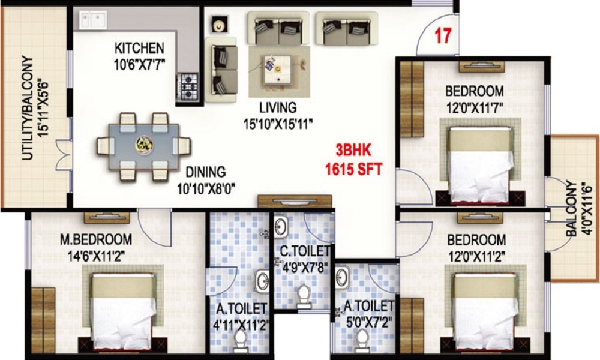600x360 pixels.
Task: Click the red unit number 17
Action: (x=443, y=35)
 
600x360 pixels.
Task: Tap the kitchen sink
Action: (x=93, y=20)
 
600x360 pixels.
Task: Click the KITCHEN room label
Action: (x=139, y=48)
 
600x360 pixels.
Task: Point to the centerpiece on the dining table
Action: (x=144, y=145)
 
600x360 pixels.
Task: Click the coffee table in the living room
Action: (x=277, y=69)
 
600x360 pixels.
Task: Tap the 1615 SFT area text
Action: (x=353, y=169)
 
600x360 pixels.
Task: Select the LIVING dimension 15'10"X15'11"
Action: (x=278, y=124)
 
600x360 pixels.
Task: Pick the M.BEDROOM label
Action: (x=96, y=239)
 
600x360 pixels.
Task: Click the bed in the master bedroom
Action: (x=123, y=310)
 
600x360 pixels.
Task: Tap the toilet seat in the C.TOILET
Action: (x=304, y=296)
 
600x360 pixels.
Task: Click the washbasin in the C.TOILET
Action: (x=281, y=227)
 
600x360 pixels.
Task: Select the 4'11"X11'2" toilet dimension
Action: (x=241, y=325)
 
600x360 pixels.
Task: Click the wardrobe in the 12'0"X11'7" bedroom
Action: (x=412, y=99)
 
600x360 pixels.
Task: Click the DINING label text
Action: (x=205, y=172)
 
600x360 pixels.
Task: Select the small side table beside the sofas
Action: (x=219, y=25)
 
